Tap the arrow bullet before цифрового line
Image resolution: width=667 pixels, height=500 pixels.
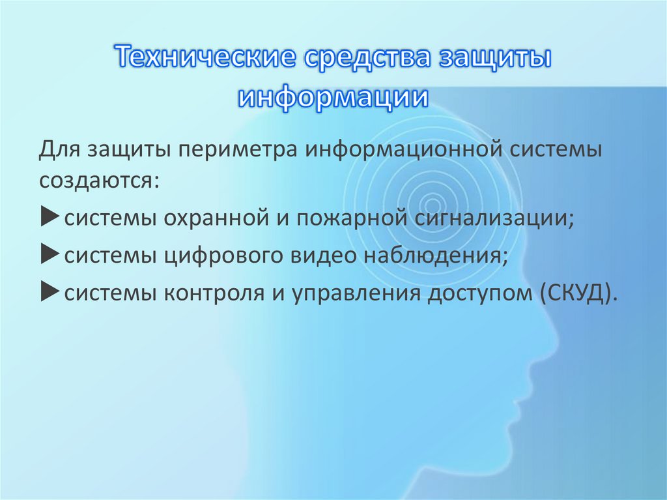click(x=51, y=255)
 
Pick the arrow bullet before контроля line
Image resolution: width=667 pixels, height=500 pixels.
click(x=51, y=292)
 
